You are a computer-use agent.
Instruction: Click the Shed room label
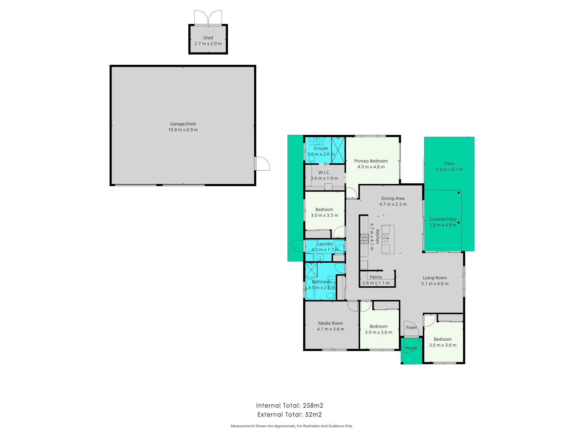click(x=208, y=38)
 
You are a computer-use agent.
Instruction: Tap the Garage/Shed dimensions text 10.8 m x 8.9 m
click(x=183, y=130)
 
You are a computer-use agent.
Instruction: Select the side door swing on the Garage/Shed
click(x=263, y=164)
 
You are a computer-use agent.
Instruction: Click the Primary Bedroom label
click(x=371, y=161)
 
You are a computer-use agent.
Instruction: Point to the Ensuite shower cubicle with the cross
click(x=338, y=150)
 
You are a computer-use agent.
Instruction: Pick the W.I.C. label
click(x=324, y=172)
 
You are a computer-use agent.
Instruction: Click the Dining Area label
click(x=393, y=198)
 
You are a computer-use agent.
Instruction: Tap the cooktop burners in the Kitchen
click(x=364, y=239)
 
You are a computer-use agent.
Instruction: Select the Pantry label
click(x=376, y=277)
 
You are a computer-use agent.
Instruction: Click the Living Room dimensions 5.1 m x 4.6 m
click(x=434, y=284)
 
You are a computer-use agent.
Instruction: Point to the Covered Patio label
click(x=443, y=219)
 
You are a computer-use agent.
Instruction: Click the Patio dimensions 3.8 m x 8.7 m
click(x=449, y=169)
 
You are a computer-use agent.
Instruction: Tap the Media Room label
click(x=331, y=323)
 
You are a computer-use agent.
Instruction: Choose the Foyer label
click(x=411, y=327)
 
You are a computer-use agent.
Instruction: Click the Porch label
click(x=411, y=348)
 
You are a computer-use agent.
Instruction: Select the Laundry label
click(x=325, y=244)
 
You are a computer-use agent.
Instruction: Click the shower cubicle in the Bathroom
click(x=311, y=270)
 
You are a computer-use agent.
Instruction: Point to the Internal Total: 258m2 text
click(x=290, y=405)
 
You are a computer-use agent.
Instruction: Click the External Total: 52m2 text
click(x=290, y=414)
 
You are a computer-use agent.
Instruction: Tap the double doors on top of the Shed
click(x=208, y=18)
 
